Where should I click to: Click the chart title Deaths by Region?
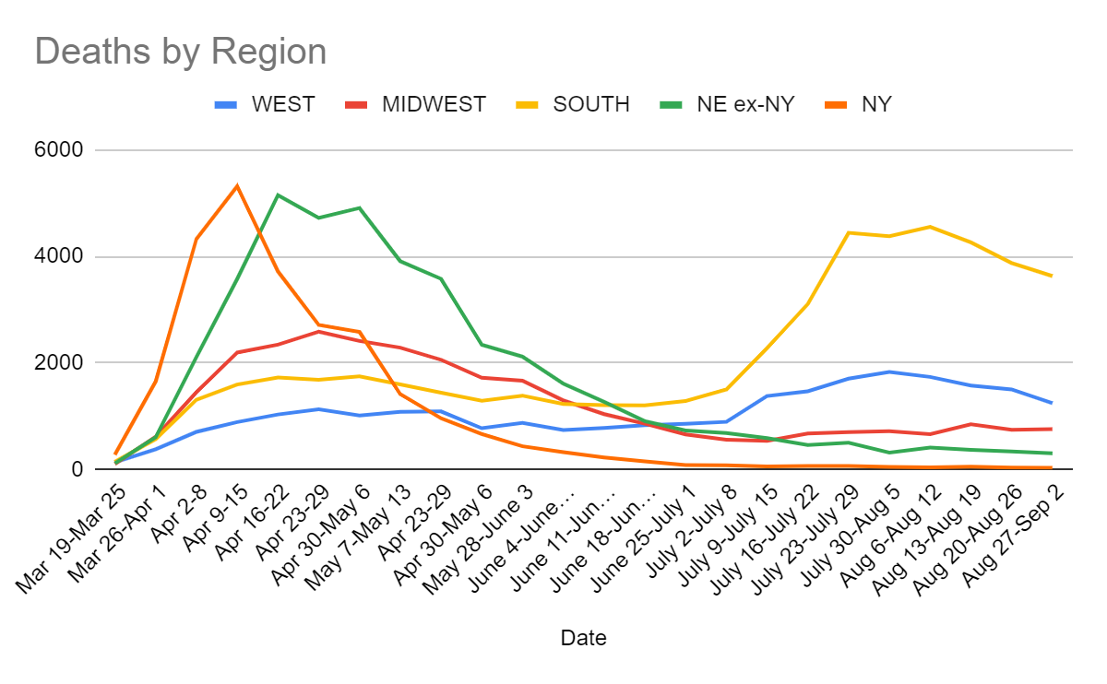[x=181, y=52]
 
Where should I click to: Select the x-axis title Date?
[x=583, y=638]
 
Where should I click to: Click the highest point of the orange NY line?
[x=237, y=186]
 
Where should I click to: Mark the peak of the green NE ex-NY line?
[x=278, y=195]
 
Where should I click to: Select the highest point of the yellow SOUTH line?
[x=929, y=227]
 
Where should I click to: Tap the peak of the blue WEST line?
[x=888, y=371]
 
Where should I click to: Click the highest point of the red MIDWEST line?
[x=318, y=331]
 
